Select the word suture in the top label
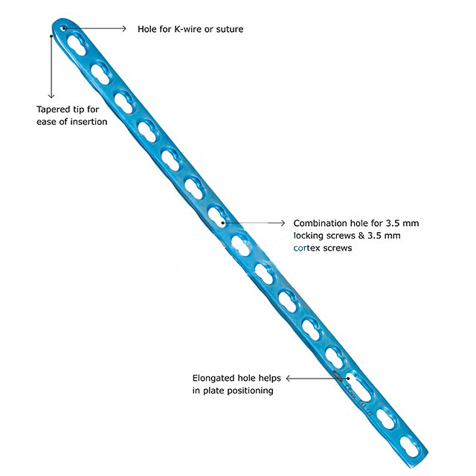(228, 29)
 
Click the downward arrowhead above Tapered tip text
(51, 94)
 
